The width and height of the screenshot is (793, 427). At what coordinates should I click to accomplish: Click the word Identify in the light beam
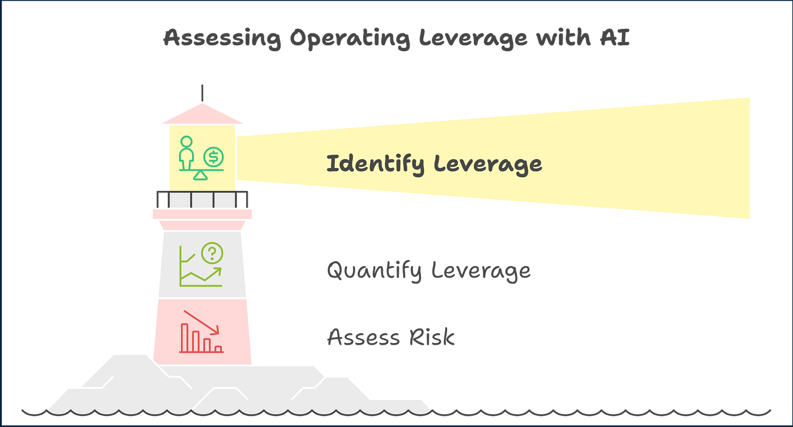point(375,164)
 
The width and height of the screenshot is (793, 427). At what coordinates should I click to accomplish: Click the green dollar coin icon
point(213,157)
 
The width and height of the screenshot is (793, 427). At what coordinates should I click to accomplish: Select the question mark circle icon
point(212,252)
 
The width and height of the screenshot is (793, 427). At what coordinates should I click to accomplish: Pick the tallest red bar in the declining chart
point(185,338)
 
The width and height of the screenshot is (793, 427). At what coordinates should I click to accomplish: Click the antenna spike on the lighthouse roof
point(202,93)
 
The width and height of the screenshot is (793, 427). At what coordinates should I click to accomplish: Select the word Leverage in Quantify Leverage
point(481,270)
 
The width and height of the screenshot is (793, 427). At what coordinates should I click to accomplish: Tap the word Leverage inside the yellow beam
point(489,164)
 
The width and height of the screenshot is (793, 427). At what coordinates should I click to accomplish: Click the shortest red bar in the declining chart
point(218,348)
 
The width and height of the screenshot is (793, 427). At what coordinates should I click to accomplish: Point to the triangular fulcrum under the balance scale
point(200,175)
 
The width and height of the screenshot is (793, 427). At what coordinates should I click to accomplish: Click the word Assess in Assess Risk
point(362,338)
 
